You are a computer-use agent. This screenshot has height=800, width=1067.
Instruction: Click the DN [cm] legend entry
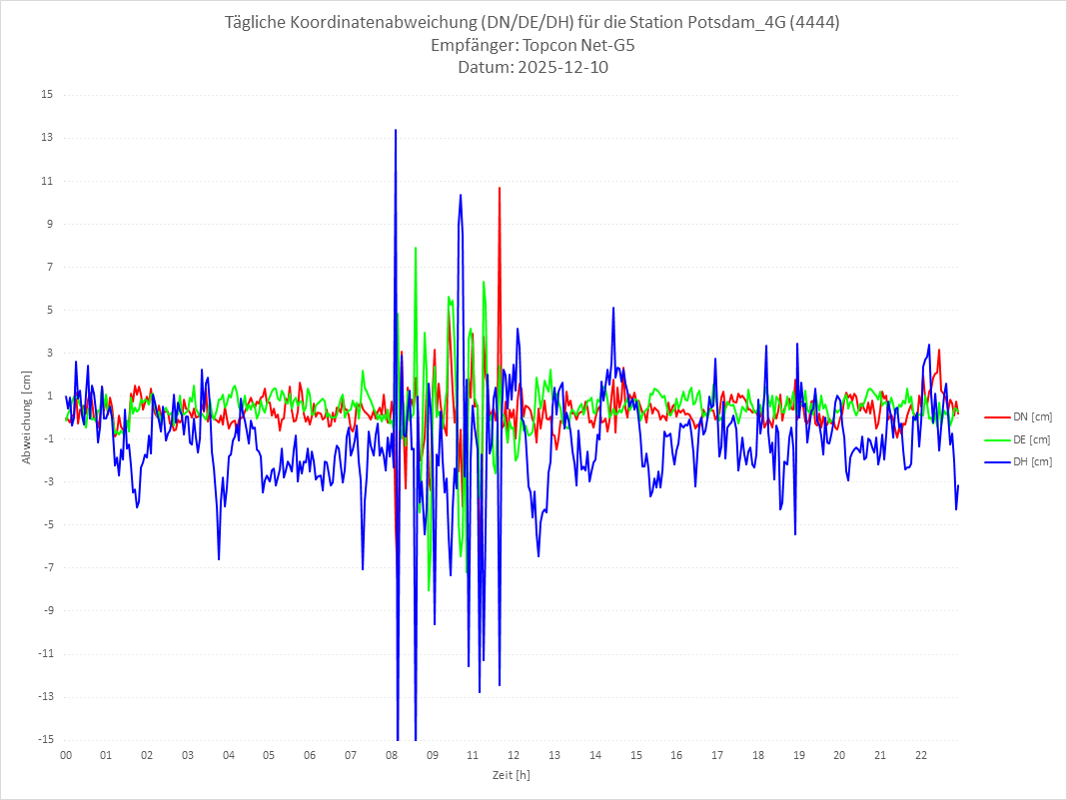(1031, 416)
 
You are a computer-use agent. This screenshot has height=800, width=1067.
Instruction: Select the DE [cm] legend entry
(1031, 439)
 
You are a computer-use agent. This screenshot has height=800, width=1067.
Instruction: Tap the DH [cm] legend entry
(1031, 461)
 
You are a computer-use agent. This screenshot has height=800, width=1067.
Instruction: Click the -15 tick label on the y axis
(45, 740)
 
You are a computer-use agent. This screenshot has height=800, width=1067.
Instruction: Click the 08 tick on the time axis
(392, 755)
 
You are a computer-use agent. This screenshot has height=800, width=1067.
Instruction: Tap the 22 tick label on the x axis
(921, 755)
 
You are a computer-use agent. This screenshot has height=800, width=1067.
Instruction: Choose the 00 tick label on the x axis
(66, 755)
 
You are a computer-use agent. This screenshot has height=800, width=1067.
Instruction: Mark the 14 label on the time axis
(595, 755)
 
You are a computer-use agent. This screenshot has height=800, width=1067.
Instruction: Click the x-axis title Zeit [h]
(512, 774)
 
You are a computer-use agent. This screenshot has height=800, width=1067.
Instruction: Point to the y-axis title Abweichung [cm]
(27, 417)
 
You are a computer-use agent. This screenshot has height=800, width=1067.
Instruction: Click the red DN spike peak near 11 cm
(500, 188)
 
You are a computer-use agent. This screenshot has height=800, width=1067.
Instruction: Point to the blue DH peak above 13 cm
(396, 130)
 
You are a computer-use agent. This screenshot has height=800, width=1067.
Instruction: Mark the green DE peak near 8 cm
(416, 247)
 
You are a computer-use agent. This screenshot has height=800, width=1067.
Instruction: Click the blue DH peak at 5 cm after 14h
(613, 308)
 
